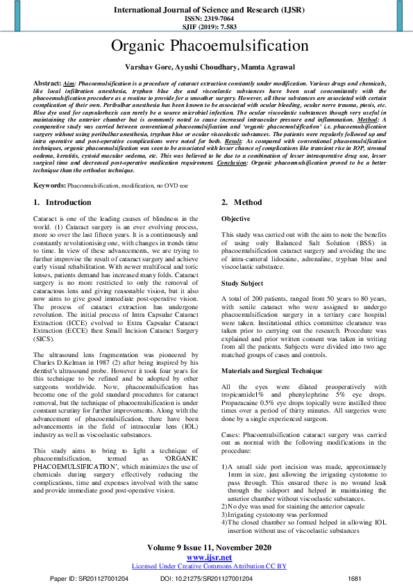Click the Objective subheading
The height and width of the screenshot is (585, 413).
(x=236, y=220)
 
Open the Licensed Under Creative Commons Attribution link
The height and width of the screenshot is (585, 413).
(x=209, y=566)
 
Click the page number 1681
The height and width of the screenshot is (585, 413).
(x=355, y=578)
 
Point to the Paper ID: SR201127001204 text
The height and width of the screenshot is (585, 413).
(x=89, y=578)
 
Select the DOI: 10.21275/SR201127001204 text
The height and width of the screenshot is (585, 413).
(x=207, y=578)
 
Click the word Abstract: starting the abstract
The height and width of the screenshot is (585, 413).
(x=47, y=82)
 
